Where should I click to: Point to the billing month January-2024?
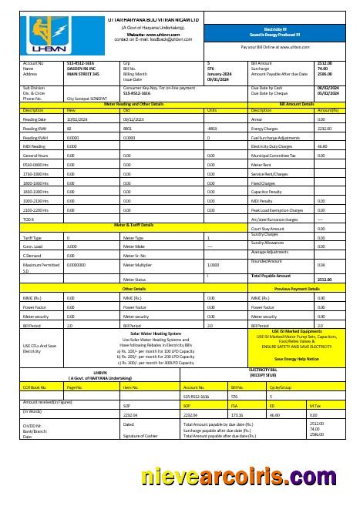220,74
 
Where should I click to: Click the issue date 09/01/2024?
219,79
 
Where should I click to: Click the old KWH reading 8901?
127,129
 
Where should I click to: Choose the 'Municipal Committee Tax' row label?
275,155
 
